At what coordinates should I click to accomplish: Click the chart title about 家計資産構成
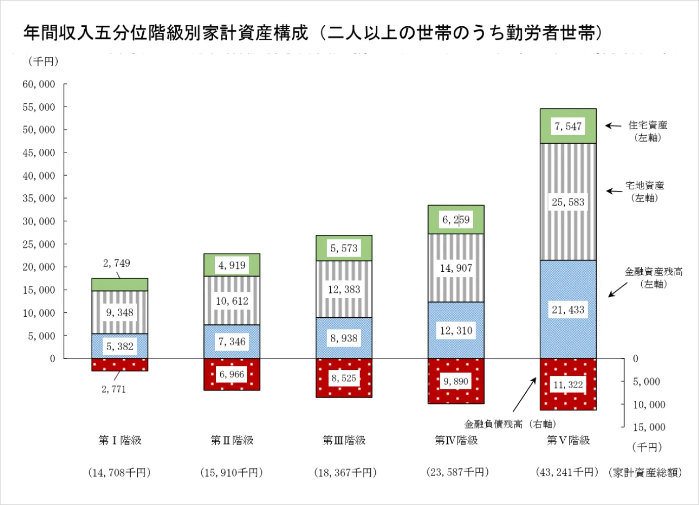[x=314, y=33]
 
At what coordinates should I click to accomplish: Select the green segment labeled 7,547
[x=568, y=126]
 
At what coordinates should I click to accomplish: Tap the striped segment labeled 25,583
[x=568, y=202]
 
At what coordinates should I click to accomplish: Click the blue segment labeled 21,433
[x=568, y=310]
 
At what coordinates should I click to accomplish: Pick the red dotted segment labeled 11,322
[x=568, y=385]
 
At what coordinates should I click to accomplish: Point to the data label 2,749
[x=116, y=263]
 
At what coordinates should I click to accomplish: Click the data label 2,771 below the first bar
[x=113, y=389]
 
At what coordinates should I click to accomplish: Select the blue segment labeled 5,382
[x=120, y=347]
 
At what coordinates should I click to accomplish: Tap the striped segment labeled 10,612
[x=232, y=301]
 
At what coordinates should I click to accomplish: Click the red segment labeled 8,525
[x=344, y=378]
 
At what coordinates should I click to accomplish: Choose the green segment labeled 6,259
[x=456, y=220]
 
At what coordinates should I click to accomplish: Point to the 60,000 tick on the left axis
[x=39, y=85]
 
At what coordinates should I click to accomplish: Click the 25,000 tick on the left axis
[x=39, y=244]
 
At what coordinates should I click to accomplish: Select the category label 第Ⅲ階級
[x=344, y=440]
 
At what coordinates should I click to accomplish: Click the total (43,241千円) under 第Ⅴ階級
[x=567, y=472]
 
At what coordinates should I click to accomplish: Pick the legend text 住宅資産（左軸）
[x=647, y=131]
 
